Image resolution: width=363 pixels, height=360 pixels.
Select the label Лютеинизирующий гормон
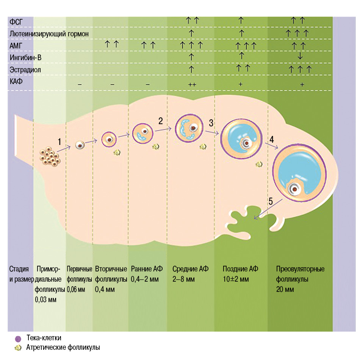[49, 34]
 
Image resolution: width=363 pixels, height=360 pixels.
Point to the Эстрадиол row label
[25, 70]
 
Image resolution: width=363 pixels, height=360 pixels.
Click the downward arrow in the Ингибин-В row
[300, 56]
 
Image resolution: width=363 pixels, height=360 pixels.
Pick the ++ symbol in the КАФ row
[191, 84]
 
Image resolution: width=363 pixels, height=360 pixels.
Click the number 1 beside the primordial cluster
[59, 142]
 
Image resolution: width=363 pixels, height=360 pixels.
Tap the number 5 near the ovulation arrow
[271, 201]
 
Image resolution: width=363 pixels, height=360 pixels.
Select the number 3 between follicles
[211, 123]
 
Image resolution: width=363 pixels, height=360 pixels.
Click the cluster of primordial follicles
[50, 156]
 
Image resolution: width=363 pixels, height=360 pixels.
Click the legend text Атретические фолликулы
[63, 347]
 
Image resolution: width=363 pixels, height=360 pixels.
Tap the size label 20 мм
[285, 290]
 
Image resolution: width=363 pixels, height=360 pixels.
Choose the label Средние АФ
[190, 269]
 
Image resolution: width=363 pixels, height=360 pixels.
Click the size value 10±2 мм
[235, 279]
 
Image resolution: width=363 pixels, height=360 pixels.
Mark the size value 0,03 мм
[45, 300]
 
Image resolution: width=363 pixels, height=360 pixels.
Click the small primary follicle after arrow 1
[80, 145]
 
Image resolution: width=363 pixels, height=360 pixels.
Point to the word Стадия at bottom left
[19, 269]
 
